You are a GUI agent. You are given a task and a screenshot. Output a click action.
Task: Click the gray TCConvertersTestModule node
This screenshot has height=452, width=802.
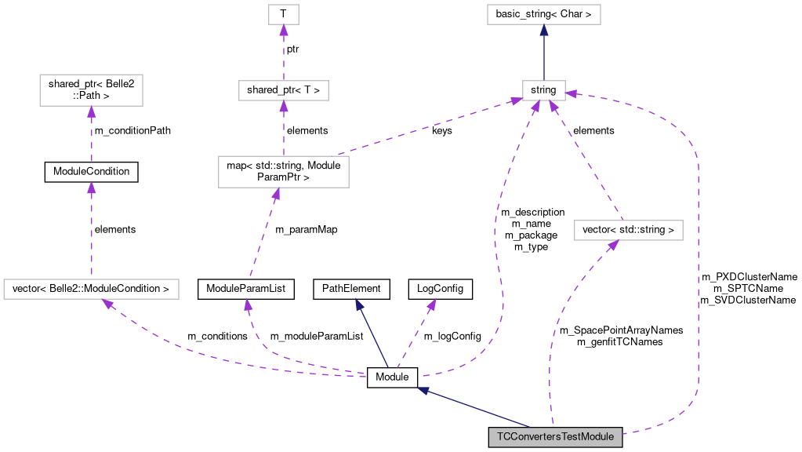555,437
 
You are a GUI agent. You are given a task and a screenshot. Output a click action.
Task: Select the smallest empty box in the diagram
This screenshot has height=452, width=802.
283,14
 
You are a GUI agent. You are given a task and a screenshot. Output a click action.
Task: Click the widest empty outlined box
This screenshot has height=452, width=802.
91,289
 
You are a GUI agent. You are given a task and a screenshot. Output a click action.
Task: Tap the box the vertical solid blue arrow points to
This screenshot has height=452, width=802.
543,14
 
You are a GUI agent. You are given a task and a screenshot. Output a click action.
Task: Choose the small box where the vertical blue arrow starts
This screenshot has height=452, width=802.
543,90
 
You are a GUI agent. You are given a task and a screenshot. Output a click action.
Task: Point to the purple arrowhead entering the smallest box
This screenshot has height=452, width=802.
283,31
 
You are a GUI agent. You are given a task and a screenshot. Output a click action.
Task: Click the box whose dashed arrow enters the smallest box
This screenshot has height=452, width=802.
283,90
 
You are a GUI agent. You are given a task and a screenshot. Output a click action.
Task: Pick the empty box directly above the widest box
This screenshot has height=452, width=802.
91,89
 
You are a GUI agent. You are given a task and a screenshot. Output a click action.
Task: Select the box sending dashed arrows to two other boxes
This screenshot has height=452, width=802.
283,171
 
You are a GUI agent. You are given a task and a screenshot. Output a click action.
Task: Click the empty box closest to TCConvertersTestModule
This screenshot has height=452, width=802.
628,230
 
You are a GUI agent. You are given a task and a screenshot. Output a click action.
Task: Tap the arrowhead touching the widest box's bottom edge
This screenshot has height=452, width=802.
108,304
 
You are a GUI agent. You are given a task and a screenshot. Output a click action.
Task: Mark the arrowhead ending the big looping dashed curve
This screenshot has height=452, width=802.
571,93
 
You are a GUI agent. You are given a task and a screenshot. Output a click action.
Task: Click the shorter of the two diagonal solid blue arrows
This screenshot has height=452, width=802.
372,333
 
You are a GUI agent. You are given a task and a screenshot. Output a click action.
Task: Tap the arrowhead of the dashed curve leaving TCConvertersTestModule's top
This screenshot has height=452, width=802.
612,246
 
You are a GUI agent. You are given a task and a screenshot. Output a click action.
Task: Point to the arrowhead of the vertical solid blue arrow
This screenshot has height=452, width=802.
543,30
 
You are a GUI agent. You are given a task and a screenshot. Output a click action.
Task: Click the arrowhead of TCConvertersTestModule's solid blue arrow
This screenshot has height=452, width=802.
423,390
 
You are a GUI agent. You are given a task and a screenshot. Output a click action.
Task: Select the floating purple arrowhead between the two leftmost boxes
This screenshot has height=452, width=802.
91,188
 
